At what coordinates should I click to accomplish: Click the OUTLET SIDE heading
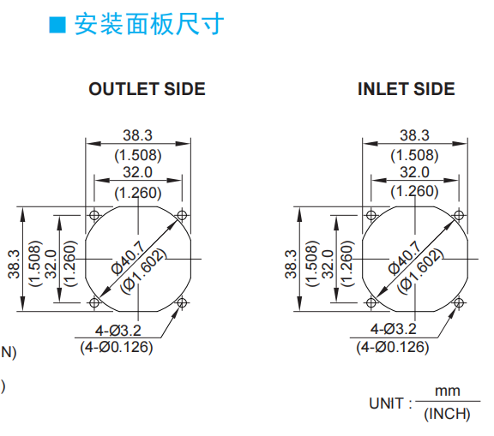tap(148, 89)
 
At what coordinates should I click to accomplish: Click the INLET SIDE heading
tap(407, 89)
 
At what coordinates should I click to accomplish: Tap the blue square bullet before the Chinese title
tap(57, 25)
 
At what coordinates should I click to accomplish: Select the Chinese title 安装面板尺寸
tap(149, 24)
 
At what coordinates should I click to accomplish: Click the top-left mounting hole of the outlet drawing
tap(94, 216)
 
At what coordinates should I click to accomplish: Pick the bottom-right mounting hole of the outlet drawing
tap(182, 303)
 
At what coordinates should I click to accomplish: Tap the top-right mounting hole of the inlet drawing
tap(459, 216)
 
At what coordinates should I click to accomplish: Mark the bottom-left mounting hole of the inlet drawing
tap(371, 303)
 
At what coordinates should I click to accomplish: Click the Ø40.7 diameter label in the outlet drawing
tap(128, 257)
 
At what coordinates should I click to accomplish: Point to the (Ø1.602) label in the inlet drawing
tap(420, 272)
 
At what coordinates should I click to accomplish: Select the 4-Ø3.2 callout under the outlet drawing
tap(118, 331)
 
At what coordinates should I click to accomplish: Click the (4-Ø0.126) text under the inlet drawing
tap(393, 347)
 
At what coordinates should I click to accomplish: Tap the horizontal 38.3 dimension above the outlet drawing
tap(138, 135)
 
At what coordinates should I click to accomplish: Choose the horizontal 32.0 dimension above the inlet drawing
tap(414, 172)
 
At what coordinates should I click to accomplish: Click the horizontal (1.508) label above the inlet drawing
tap(414, 155)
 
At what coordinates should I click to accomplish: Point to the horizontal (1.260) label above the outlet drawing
tap(138, 193)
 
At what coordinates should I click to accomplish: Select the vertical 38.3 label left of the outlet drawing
tap(14, 264)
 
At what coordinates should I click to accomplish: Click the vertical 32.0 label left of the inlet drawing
tap(328, 264)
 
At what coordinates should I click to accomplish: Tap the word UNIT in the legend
tap(386, 403)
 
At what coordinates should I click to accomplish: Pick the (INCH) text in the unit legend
tap(447, 414)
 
